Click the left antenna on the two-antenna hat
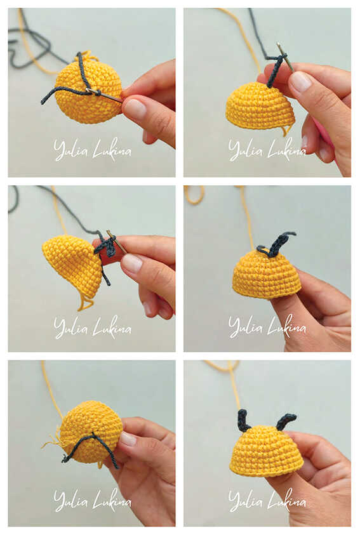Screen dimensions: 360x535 244,420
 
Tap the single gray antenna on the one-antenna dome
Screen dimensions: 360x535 278,242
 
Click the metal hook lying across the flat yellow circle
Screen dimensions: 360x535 104,95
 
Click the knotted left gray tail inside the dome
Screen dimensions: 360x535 74,450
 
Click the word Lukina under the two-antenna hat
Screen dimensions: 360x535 286,501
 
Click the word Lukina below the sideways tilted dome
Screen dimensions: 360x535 112,327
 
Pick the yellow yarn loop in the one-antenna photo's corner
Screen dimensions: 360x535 194,194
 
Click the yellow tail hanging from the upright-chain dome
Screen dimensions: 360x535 286,129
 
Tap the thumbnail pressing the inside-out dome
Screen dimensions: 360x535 128,439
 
